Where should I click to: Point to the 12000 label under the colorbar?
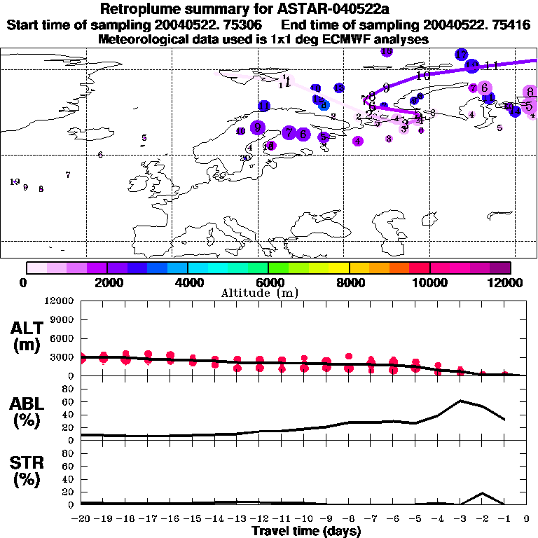(509, 282)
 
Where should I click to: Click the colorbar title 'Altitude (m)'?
(269, 293)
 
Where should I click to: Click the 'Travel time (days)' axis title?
(306, 532)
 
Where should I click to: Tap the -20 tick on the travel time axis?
(83, 519)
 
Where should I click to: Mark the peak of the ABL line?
(460, 401)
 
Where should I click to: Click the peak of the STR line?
(482, 493)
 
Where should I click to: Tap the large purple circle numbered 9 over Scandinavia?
(258, 127)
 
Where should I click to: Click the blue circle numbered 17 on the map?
(461, 55)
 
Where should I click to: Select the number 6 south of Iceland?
(101, 155)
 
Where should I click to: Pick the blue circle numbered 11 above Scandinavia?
(264, 106)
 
